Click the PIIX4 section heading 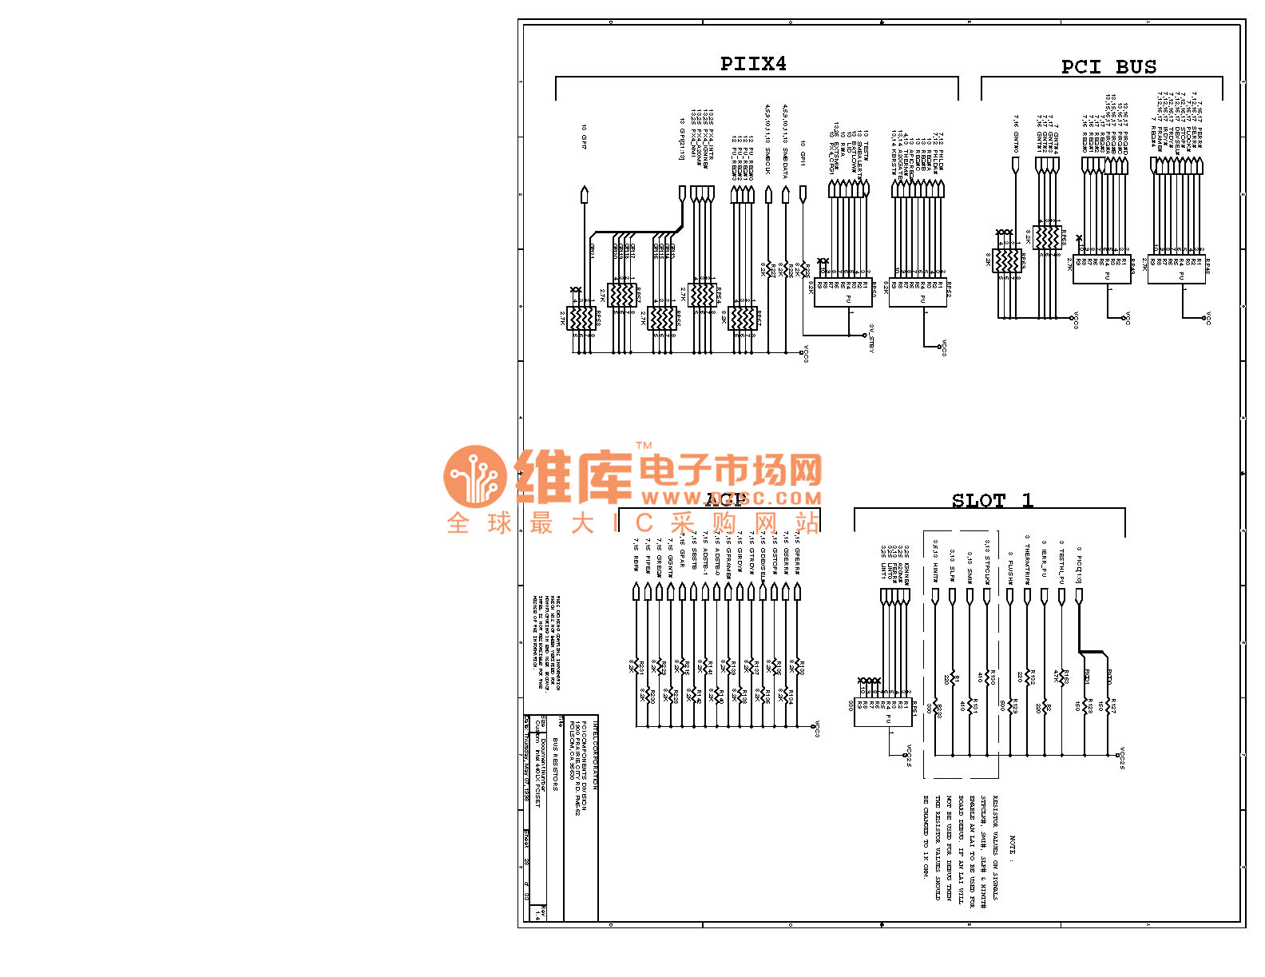[753, 64]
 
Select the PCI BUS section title [1108, 67]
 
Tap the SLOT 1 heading [992, 501]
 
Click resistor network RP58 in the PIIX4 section [581, 318]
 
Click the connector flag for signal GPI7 [584, 194]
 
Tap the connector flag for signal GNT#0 [1015, 165]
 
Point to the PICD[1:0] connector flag [1079, 596]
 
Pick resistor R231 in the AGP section [636, 666]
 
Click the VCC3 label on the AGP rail [817, 729]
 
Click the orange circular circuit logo [475, 476]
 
